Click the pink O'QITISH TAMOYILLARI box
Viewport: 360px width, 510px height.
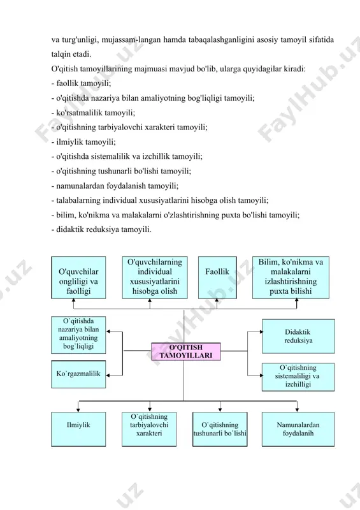(x=186, y=352)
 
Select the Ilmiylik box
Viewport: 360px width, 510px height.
(x=78, y=429)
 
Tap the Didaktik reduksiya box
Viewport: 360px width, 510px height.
(x=298, y=336)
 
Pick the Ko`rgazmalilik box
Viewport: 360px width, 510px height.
(x=78, y=374)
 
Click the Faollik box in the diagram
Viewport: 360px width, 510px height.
(x=217, y=277)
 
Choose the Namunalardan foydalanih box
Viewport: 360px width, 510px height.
(x=298, y=429)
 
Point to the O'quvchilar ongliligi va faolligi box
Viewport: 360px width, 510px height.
(x=78, y=277)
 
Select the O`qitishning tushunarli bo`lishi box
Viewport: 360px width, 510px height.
(x=220, y=429)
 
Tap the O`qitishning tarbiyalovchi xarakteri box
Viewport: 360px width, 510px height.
(x=149, y=429)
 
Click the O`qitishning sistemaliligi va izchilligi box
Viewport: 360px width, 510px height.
(x=298, y=377)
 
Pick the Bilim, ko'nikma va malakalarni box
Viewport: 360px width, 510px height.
(x=291, y=277)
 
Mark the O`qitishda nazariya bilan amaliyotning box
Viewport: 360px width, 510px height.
(x=78, y=335)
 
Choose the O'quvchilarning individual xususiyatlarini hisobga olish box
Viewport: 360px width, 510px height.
(x=155, y=277)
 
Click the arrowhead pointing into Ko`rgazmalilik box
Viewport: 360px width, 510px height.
(x=108, y=375)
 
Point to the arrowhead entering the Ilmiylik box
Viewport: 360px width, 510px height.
(x=78, y=410)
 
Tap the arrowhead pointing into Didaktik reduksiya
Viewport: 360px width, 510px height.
(x=261, y=331)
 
